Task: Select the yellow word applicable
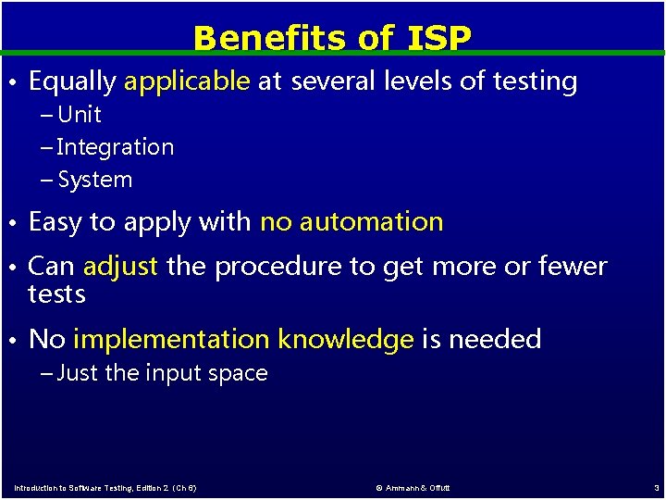click(x=187, y=81)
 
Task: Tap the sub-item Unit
click(x=79, y=115)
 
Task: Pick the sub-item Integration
click(x=115, y=147)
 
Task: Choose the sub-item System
click(x=94, y=180)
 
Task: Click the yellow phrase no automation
click(x=351, y=222)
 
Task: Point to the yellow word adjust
click(x=121, y=267)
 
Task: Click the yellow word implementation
click(x=172, y=339)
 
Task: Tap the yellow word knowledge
click(x=346, y=339)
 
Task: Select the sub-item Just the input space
click(x=162, y=373)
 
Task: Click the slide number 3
click(x=655, y=487)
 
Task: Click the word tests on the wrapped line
click(x=56, y=294)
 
